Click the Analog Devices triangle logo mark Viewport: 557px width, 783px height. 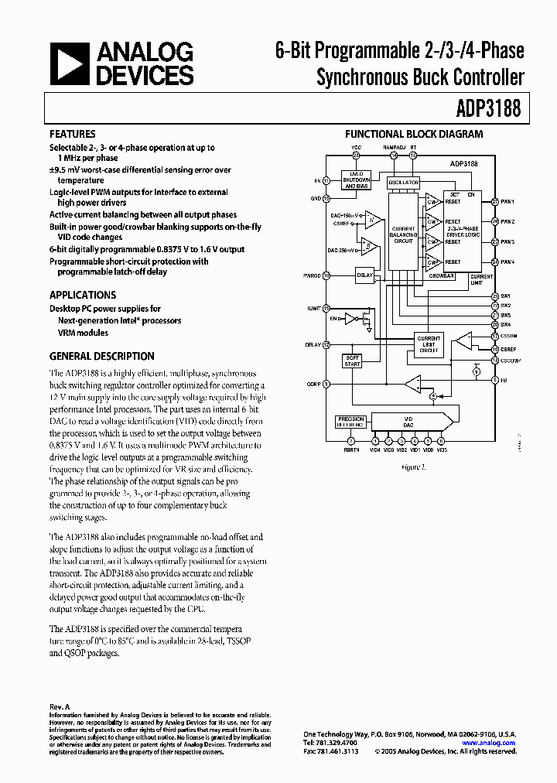[x=70, y=63]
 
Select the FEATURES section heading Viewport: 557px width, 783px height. [x=73, y=134]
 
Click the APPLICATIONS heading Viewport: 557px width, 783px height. [x=83, y=295]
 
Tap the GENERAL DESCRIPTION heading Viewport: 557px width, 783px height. [x=101, y=357]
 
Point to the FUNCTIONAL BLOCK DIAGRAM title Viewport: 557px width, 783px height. [x=413, y=134]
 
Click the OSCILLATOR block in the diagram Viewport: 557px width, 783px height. [x=403, y=183]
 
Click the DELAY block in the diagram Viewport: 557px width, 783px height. [x=364, y=275]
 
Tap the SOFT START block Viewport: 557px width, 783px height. [x=352, y=361]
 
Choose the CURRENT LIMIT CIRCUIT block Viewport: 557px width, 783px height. [x=429, y=344]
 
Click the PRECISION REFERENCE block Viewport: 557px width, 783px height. [x=350, y=421]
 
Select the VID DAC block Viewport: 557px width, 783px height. [x=410, y=421]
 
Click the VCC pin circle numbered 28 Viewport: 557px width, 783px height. [x=356, y=155]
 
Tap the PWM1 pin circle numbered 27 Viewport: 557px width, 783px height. [x=494, y=201]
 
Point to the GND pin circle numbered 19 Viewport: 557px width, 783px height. [x=326, y=198]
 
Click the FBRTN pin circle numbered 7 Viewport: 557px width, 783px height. [x=350, y=442]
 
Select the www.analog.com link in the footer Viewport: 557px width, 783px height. [x=489, y=743]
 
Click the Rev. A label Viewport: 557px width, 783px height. [x=60, y=706]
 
